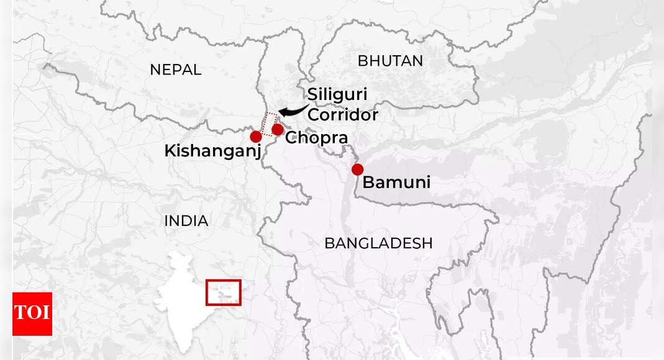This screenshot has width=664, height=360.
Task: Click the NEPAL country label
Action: (x=176, y=70)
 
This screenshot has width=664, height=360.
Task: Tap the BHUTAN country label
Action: (x=391, y=61)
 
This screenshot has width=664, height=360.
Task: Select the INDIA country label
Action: (x=186, y=220)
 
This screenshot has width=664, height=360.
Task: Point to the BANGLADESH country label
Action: (x=378, y=243)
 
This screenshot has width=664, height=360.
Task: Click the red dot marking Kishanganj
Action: (x=255, y=137)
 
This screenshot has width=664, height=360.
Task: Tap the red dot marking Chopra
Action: (x=278, y=129)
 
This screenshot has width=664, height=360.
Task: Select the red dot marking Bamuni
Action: (x=357, y=169)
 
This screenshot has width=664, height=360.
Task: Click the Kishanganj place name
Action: (x=212, y=151)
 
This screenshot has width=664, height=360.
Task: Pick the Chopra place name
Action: (x=316, y=138)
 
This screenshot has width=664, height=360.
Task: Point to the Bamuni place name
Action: (x=396, y=182)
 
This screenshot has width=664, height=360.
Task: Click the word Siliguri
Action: (x=337, y=94)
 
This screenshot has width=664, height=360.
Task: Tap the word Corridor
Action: (x=343, y=115)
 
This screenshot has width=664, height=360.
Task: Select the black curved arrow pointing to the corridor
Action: (x=292, y=110)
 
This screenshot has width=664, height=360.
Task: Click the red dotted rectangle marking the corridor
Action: (x=270, y=124)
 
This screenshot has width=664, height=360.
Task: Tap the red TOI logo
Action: (x=32, y=313)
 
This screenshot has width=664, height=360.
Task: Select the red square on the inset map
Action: (x=223, y=292)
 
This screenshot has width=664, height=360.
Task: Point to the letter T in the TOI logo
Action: (x=20, y=313)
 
